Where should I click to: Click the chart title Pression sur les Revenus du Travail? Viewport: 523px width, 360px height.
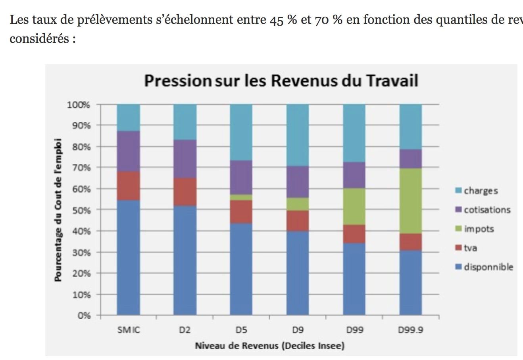point(281,80)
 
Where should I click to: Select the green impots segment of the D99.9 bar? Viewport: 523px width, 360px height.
point(411,201)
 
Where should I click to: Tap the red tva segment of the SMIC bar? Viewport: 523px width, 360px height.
point(128,186)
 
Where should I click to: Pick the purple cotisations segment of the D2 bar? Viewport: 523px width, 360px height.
point(185,159)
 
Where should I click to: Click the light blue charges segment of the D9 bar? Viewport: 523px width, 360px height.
point(298,135)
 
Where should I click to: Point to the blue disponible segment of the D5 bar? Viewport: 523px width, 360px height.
point(241,270)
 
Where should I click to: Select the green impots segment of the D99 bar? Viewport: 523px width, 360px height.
point(354,206)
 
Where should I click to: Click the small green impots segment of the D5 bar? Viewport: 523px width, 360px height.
point(241,197)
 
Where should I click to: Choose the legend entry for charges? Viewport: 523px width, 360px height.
point(480,191)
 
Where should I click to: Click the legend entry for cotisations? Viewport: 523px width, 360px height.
point(486,210)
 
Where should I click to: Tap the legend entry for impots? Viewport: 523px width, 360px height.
point(479,229)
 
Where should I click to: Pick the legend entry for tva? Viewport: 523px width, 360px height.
point(470,248)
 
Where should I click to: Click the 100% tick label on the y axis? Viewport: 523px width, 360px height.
point(79,105)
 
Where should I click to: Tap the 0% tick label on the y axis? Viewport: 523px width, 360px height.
point(84,316)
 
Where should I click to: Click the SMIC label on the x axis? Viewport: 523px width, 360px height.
point(129,330)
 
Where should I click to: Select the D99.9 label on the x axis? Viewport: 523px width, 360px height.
point(411,330)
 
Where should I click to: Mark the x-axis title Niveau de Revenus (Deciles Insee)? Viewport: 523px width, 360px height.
point(269,346)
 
